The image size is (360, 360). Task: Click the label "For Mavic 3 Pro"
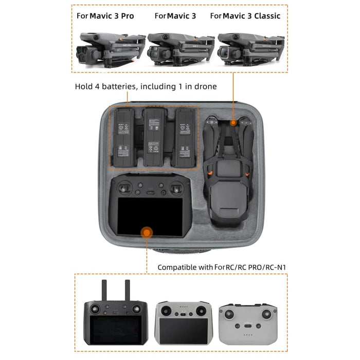pos(105,16)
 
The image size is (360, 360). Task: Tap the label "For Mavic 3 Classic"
pos(245,16)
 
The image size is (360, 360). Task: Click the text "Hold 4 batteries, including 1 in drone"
pos(146,87)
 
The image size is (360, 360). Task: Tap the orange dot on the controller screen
pos(147,233)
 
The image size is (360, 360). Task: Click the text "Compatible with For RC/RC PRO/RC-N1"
pos(221,267)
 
